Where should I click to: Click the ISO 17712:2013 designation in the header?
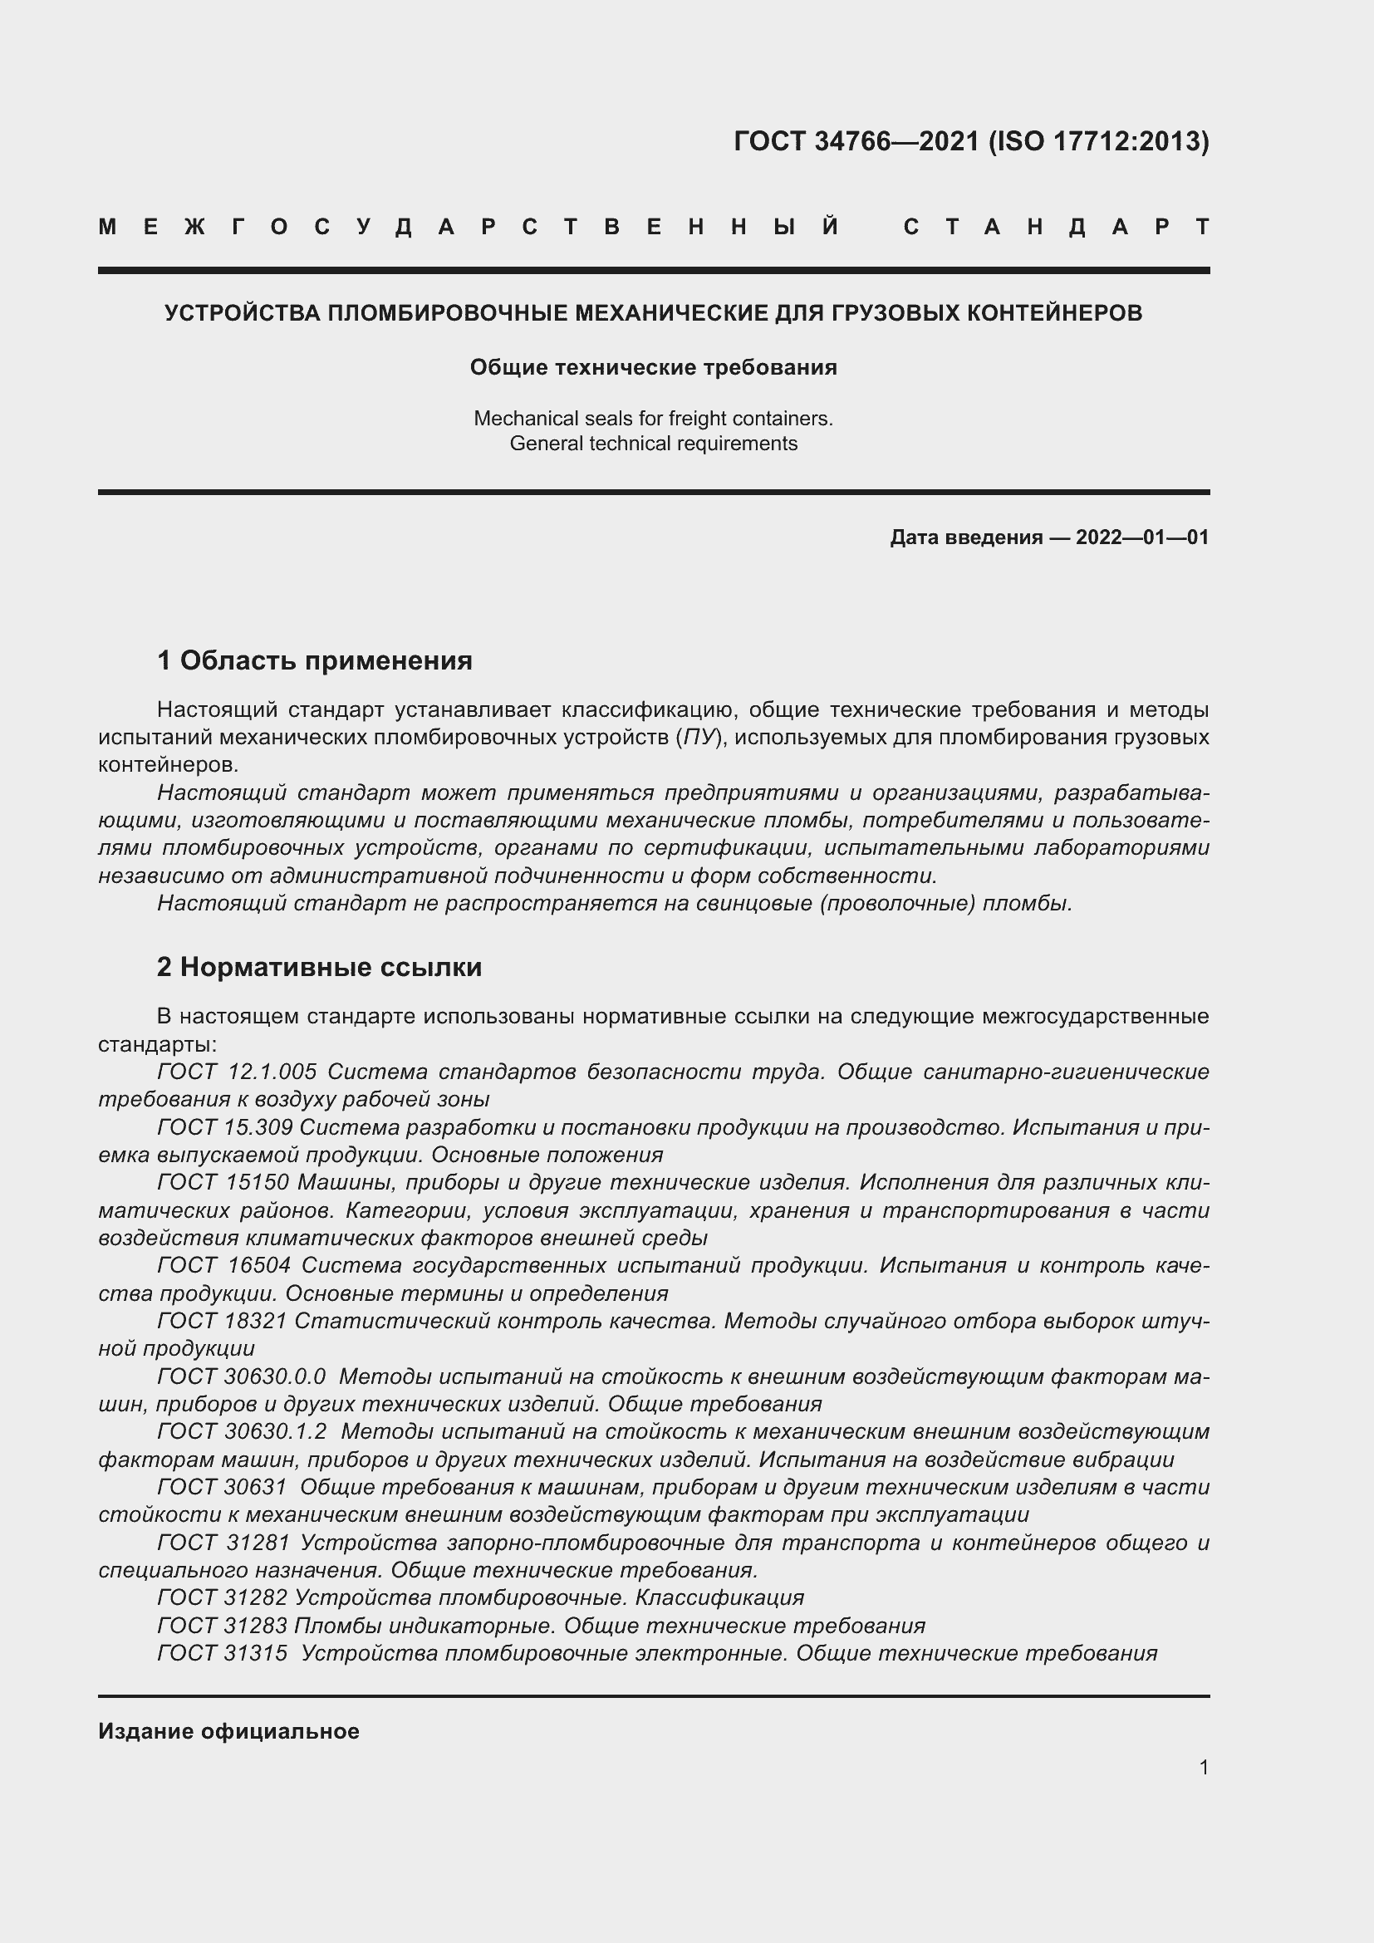pos(1099,140)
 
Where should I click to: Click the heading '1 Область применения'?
pos(315,660)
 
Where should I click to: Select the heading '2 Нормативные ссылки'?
pos(319,966)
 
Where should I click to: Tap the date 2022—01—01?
pos(1141,537)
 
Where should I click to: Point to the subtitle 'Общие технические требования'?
pos(653,367)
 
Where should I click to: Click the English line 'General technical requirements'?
pos(653,444)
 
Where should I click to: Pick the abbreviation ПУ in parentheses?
pos(699,737)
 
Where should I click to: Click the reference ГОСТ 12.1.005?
pos(237,1072)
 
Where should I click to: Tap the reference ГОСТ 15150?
pos(223,1182)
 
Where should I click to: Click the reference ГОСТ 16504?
pos(223,1265)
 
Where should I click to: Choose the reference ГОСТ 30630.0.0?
pos(241,1376)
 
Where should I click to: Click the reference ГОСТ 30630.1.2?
pos(241,1431)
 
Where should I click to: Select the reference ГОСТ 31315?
pos(222,1653)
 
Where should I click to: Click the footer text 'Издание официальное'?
pos(228,1731)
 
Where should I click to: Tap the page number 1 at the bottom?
pos(1204,1767)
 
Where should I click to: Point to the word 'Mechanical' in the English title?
pos(518,418)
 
